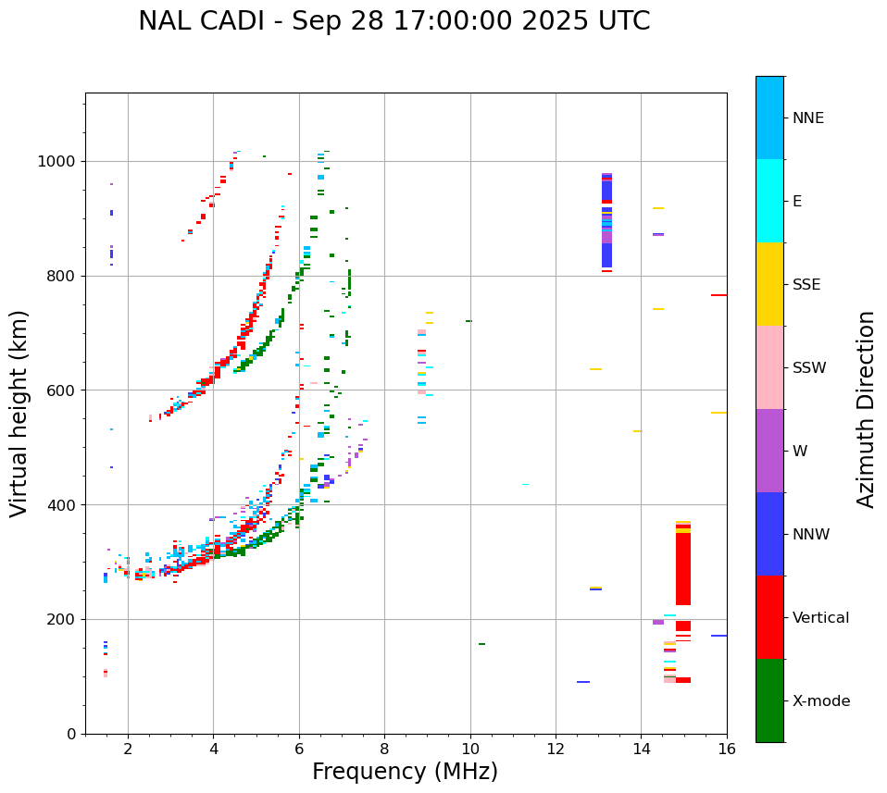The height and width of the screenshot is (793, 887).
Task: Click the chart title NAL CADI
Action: (394, 21)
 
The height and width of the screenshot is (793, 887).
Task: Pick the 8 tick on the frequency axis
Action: (384, 748)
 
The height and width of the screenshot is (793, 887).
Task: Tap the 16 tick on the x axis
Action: (727, 748)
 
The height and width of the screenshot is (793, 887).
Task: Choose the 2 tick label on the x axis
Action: (128, 748)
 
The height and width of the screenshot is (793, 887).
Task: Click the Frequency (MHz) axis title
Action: (405, 772)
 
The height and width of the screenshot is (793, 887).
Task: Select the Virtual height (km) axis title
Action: (20, 413)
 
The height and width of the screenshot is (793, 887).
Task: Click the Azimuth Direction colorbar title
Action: (866, 409)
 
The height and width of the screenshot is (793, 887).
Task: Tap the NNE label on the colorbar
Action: (808, 118)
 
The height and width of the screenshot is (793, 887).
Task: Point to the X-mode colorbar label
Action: (821, 701)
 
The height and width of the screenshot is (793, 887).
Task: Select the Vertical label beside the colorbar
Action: (821, 618)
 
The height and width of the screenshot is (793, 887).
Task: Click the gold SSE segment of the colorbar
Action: (769, 284)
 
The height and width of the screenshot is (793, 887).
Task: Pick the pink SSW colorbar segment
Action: (769, 367)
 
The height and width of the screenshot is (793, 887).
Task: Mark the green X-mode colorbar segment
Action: (769, 700)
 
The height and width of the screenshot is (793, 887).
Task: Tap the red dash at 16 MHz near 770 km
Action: (718, 295)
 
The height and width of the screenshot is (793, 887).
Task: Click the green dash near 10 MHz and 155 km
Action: (481, 644)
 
